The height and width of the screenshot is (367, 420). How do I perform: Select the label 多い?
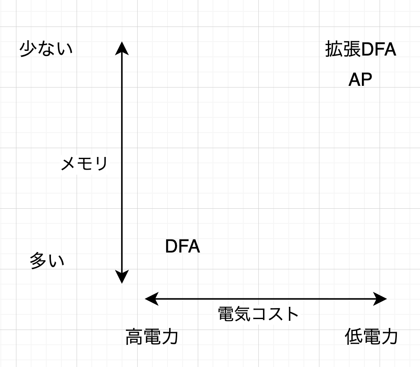coord(47,261)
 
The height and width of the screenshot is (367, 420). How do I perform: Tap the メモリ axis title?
coord(84,164)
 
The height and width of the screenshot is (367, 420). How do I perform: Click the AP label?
coord(360,80)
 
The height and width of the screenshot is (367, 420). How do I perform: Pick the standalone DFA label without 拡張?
coord(182,247)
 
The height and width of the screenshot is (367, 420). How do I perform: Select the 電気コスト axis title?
coord(258,314)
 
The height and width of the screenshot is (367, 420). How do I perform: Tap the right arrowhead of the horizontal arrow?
coord(381,299)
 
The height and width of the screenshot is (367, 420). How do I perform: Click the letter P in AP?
coord(367,80)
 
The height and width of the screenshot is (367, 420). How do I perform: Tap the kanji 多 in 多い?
coord(38,261)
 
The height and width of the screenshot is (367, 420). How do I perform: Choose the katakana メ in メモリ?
coord(69,164)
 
